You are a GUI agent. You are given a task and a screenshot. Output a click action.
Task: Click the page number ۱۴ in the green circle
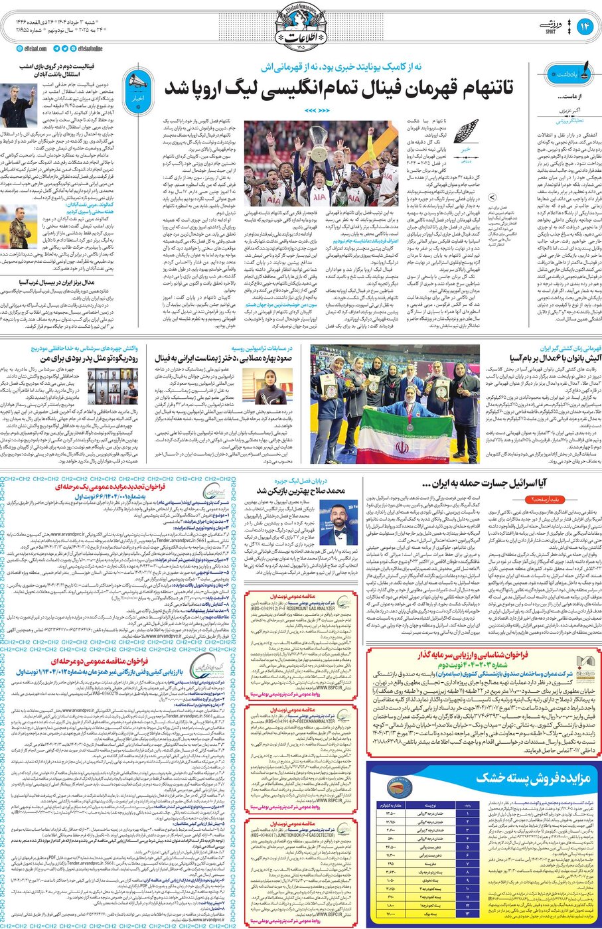pyautogui.click(x=585, y=27)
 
